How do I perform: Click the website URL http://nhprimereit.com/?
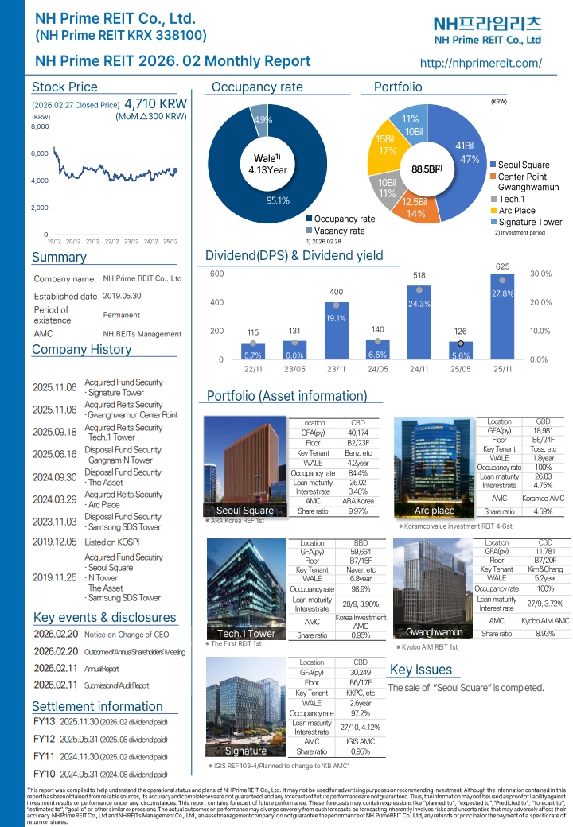pyautogui.click(x=480, y=63)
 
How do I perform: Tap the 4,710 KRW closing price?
pyautogui.click(x=156, y=103)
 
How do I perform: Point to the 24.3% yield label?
pyautogui.click(x=419, y=304)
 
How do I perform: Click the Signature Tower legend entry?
pyautogui.click(x=529, y=222)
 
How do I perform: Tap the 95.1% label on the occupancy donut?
pyautogui.click(x=277, y=201)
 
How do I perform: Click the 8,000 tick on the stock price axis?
pyautogui.click(x=40, y=126)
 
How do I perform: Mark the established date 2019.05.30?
pyautogui.click(x=122, y=296)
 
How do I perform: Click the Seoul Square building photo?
pyautogui.click(x=245, y=461)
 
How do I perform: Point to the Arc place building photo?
pyautogui.click(x=435, y=461)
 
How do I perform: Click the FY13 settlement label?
pyautogui.click(x=45, y=721)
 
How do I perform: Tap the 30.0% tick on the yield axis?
pyautogui.click(x=541, y=274)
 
